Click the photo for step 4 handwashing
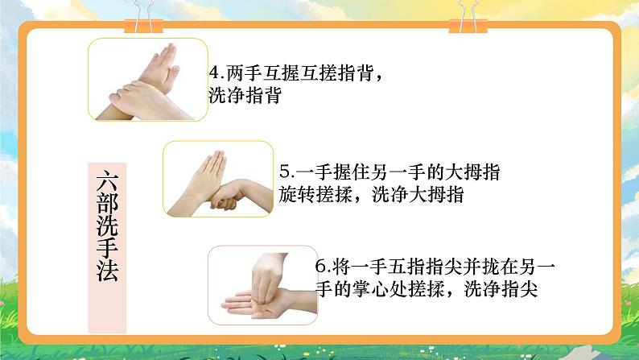pos(142,77)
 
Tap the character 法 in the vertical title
pos(105,272)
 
